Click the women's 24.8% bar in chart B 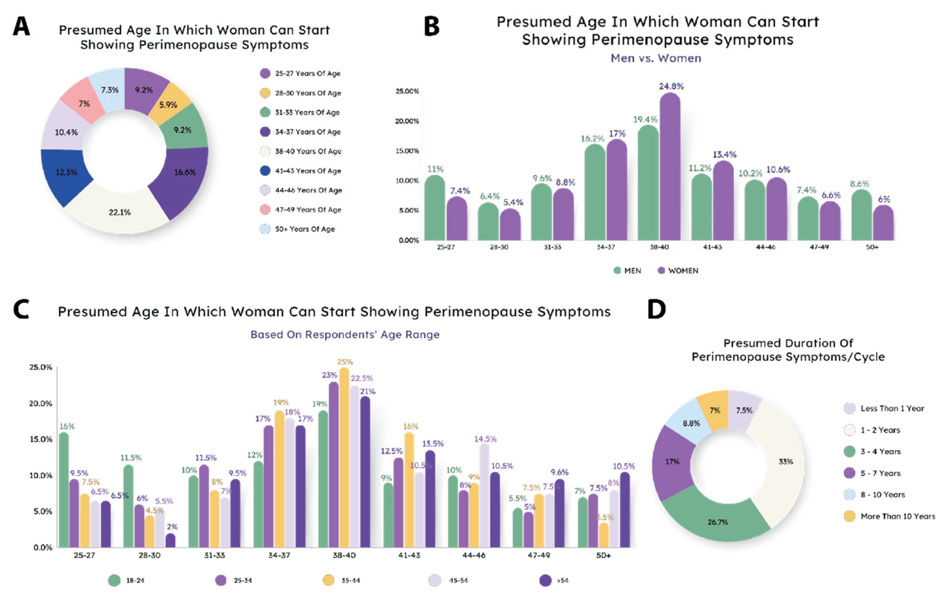670,168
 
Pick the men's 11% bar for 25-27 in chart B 435,208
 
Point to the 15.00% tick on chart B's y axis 407,151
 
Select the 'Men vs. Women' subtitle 656,58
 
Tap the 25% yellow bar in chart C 344,458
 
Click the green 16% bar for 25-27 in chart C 63,490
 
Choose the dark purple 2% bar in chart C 170,541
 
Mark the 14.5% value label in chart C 485,439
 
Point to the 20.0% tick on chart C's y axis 40,403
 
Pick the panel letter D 656,310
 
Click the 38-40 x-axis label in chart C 344,555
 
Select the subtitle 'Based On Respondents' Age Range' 345,334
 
